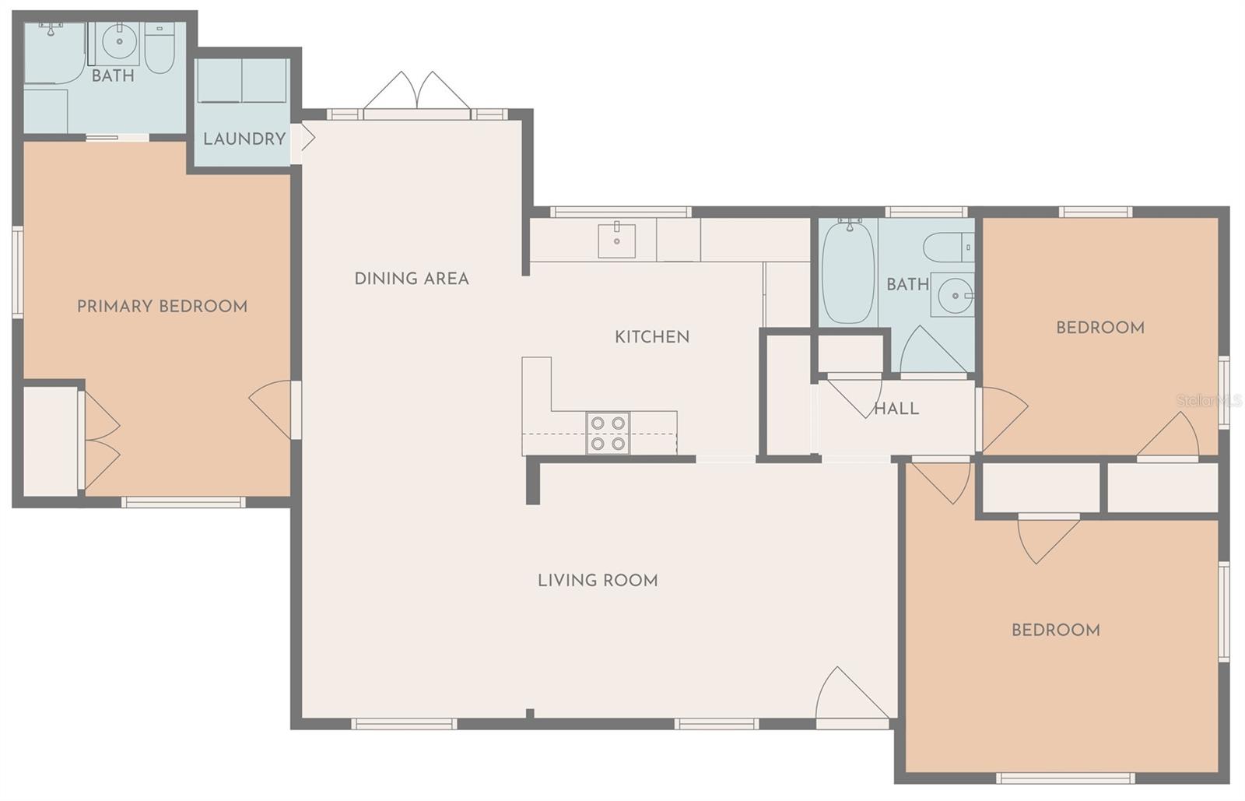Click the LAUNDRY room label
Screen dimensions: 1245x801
coord(244,139)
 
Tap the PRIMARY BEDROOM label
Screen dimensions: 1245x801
coord(163,306)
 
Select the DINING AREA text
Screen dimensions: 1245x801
coord(412,279)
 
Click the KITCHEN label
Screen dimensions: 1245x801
coord(652,337)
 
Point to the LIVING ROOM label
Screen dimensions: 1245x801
coord(598,581)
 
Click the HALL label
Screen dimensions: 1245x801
coord(896,409)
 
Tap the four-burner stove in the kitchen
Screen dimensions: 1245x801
coord(608,433)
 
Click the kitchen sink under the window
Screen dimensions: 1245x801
coord(616,240)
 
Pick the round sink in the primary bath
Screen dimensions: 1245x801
coord(119,41)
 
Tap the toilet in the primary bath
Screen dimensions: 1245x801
coord(160,47)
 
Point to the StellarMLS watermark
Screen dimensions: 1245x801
coord(1209,401)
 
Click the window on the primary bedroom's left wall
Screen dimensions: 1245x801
coord(17,272)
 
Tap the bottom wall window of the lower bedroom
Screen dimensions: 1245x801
coord(1065,778)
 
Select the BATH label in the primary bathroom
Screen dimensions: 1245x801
coord(113,76)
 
